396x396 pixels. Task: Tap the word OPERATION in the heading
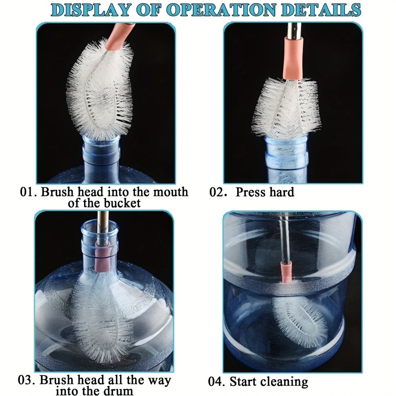pyautogui.click(x=220, y=10)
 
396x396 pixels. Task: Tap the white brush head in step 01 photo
pyautogui.click(x=100, y=90)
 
